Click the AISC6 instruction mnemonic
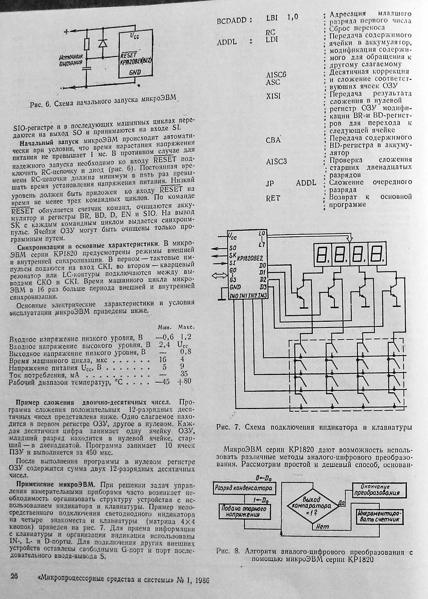coord(276,75)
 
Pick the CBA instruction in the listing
coord(273,140)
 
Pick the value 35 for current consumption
coord(184,374)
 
